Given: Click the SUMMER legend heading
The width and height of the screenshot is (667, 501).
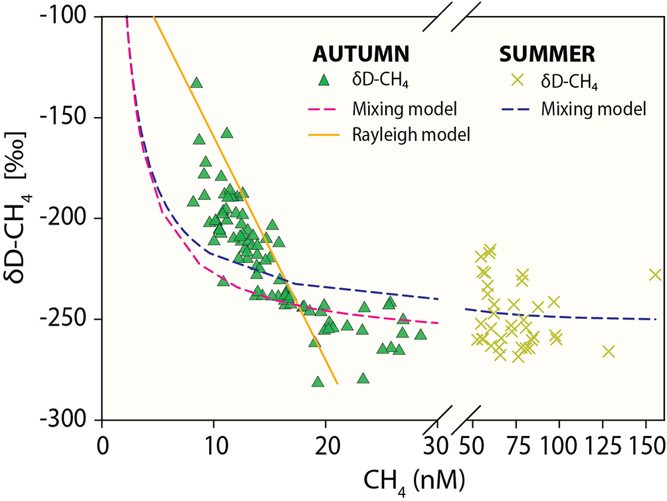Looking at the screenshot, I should tap(543, 53).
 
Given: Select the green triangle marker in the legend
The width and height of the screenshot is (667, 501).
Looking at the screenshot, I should tap(324, 80).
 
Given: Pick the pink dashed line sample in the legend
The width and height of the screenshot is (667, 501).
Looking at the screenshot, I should tap(324, 108).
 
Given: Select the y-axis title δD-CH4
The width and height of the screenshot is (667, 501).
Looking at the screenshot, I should tap(22, 219).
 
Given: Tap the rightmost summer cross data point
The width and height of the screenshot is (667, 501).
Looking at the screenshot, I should tap(655, 274).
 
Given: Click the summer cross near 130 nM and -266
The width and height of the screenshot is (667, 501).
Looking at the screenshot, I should tap(609, 351).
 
